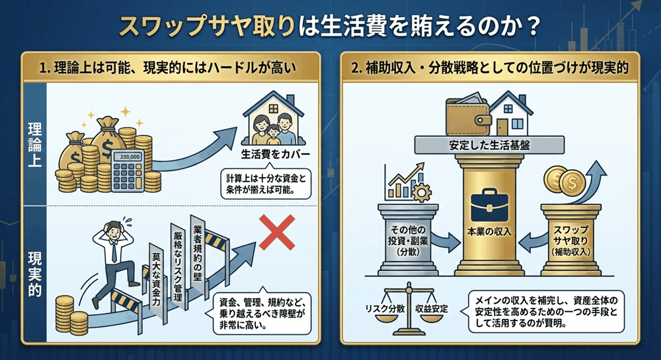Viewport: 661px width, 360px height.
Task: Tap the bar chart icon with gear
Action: pos(405,182)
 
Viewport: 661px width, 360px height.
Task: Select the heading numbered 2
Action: pos(487,67)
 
